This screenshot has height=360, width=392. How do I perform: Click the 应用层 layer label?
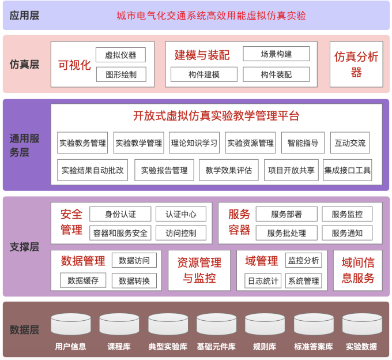[x=24, y=16]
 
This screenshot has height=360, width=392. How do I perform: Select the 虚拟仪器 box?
[x=120, y=55]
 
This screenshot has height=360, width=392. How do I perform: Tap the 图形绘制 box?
[x=121, y=74]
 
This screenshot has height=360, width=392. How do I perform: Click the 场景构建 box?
[x=276, y=54]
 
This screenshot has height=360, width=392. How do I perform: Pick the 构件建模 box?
[x=204, y=74]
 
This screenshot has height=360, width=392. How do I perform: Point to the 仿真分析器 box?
[x=356, y=64]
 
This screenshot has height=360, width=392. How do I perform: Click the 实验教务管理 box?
[x=82, y=142]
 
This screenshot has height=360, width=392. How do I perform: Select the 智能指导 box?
[x=303, y=142]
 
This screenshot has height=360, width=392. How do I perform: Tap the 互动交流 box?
[x=350, y=142]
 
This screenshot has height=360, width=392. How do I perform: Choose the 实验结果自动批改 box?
[x=92, y=170]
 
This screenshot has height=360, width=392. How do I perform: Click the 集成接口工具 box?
[x=348, y=170]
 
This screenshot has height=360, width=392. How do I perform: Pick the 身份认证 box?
[x=120, y=214]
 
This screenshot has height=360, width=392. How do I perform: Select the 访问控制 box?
[x=181, y=233]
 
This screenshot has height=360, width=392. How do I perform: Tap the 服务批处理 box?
[x=287, y=233]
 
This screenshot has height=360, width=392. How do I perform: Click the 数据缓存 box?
[x=83, y=280]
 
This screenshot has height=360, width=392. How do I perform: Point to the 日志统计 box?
[x=263, y=281]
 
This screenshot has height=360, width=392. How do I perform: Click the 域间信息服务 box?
[x=358, y=271]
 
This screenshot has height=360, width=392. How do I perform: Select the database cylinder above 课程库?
[x=119, y=324]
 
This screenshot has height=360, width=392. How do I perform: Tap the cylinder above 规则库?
[x=265, y=324]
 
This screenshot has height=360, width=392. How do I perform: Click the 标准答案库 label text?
[x=314, y=347]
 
